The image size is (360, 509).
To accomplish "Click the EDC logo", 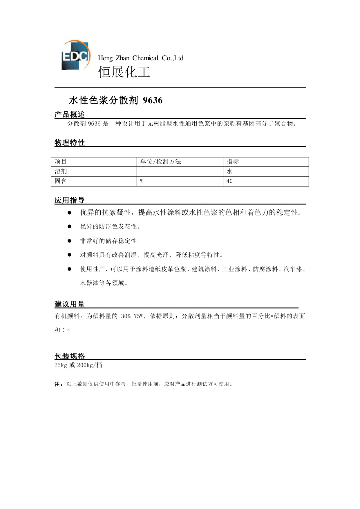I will pos(75,55).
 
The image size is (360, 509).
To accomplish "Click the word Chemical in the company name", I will pos(145,58).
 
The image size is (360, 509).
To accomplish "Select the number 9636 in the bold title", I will pos(153,100).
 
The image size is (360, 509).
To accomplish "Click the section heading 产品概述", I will pos(70,115).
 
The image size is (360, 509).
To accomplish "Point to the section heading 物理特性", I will pos(70,143).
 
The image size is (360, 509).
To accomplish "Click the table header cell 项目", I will pos(61,162).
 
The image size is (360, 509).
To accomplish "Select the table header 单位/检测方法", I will pos(161,162).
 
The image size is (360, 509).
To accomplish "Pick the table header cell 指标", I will pos(233,162).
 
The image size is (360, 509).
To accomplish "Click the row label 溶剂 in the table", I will pos(61,171).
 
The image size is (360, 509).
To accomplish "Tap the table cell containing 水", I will pos(229,171).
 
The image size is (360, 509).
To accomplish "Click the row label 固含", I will pos(61,181).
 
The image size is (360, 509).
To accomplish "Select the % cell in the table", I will pos(142,181).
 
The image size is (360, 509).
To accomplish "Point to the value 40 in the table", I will pos(229,181).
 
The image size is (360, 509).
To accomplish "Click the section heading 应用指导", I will pos(70,200).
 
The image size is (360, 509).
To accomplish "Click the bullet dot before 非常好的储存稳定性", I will pos(69,241).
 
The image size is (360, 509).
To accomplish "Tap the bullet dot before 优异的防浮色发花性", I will pos(69,227).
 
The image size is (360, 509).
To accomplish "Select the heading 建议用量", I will pos(70,304).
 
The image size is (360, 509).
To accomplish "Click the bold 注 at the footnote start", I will pos(57,384).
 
